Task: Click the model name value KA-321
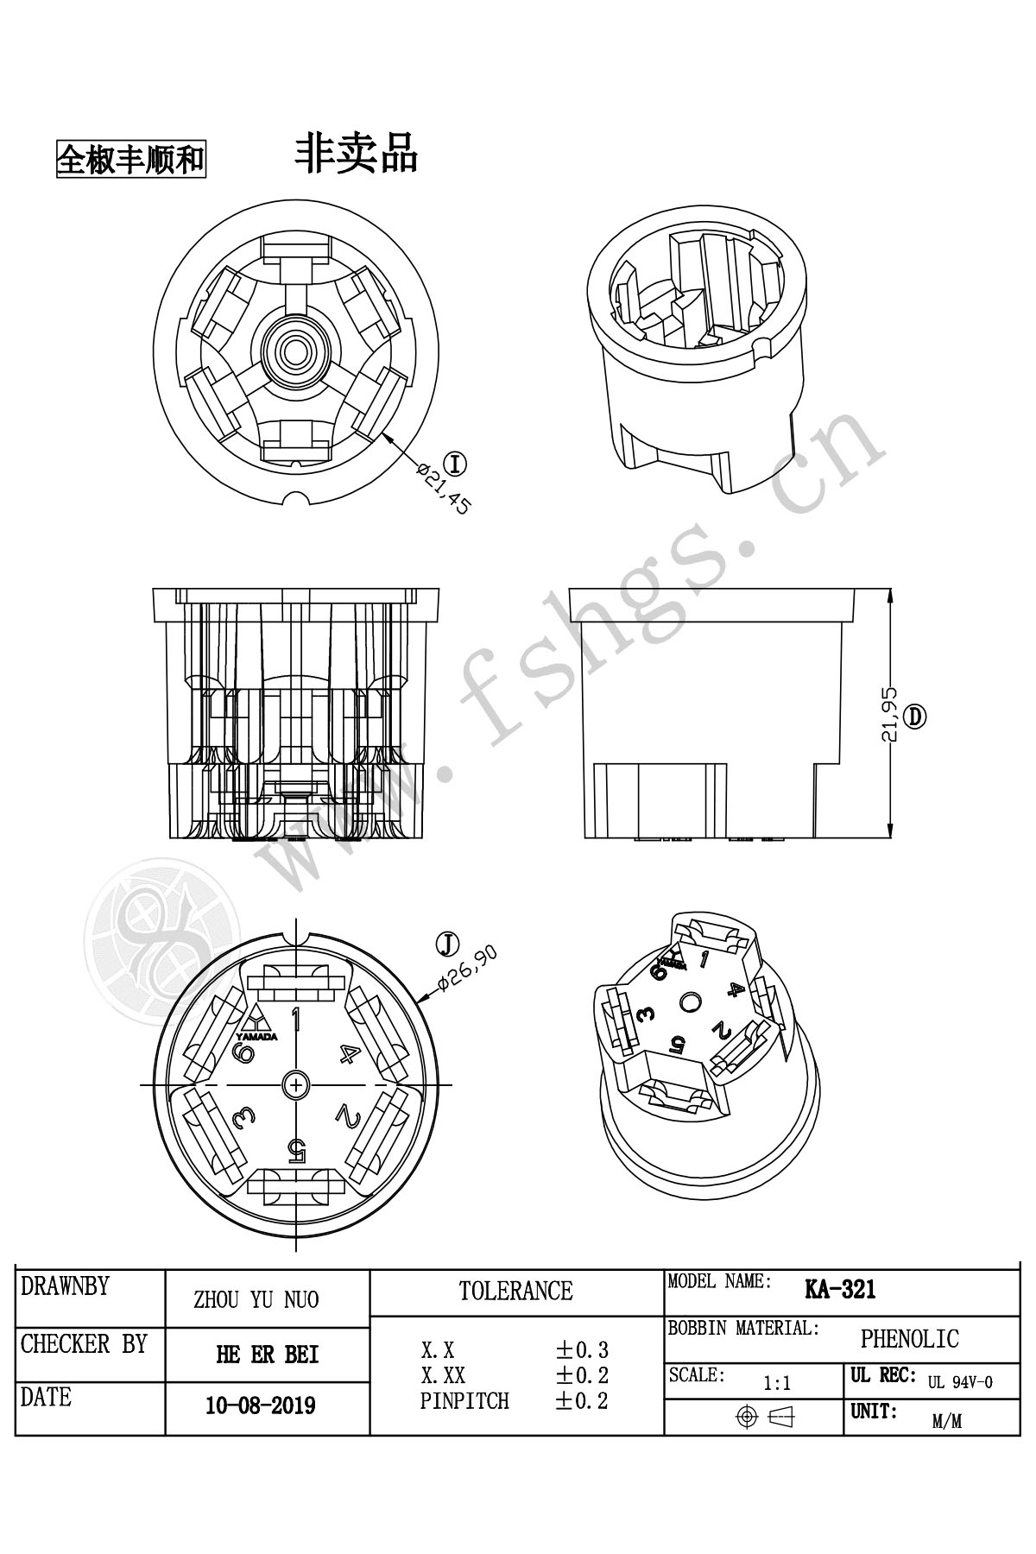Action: coord(840,1290)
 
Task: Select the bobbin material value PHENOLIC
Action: coord(909,1339)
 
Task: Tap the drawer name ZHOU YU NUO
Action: coord(256,1300)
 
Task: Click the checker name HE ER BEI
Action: coord(267,1355)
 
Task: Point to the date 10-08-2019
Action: coord(260,1406)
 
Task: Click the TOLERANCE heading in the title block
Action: coord(515,1292)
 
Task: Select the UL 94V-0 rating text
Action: coord(960,1382)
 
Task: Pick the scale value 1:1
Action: coord(777,1384)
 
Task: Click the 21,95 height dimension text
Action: coord(889,715)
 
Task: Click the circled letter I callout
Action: coord(455,464)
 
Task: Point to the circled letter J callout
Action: coord(447,944)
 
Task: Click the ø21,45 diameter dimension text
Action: coord(443,490)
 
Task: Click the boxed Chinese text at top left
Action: coord(131,159)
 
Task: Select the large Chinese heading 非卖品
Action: coord(356,153)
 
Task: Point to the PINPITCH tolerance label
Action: coord(464,1401)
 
